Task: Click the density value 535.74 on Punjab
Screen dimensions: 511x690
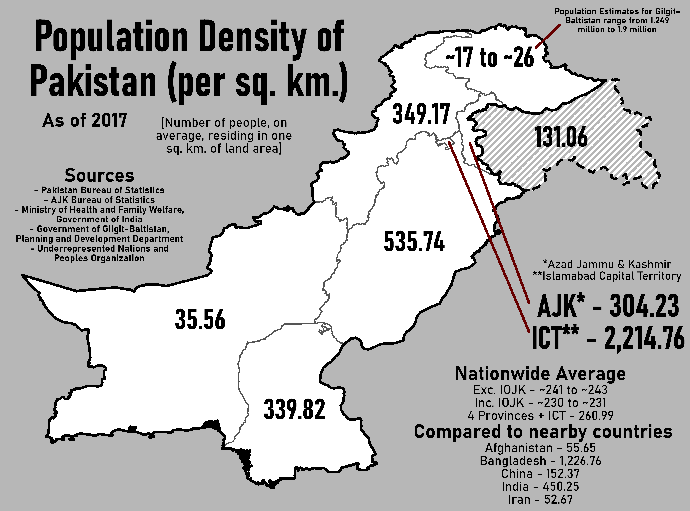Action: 414,242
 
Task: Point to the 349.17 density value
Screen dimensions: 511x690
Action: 421,114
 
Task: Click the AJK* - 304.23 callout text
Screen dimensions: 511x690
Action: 608,306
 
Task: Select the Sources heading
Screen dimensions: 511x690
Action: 99,176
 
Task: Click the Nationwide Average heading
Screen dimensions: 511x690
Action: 540,374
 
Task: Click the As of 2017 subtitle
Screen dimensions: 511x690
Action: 84,120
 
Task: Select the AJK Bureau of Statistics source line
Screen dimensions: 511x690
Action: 99,200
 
